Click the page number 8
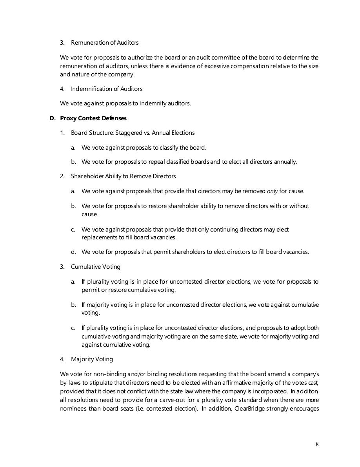317,444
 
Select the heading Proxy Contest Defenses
93,118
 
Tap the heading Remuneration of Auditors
104,42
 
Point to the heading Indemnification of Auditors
106,89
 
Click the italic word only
272,191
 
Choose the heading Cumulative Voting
95,267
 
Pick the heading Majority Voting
92,359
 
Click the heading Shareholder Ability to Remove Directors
123,176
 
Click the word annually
285,162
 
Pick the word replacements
98,237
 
